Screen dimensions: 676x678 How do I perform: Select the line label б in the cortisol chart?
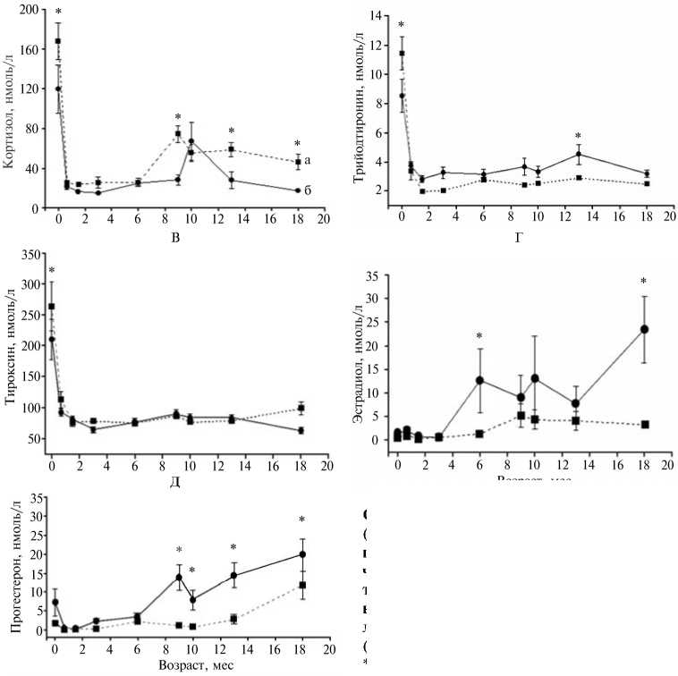coord(308,190)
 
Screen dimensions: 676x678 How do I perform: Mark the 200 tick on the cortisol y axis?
coord(33,10)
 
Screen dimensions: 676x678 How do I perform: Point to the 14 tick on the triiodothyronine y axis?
coord(382,17)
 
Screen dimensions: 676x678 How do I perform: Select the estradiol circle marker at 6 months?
coord(479,380)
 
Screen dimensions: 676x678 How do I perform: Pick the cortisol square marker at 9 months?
coord(178,134)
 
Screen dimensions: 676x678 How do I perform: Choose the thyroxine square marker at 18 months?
coord(301,409)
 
